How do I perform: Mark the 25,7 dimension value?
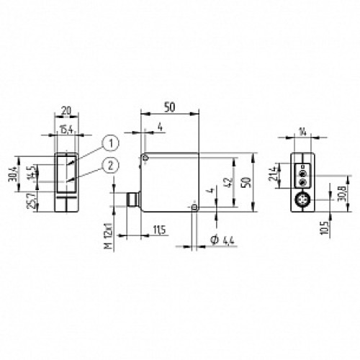click(x=30, y=198)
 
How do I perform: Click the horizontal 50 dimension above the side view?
click(x=170, y=106)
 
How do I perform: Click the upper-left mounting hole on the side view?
click(x=145, y=158)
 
